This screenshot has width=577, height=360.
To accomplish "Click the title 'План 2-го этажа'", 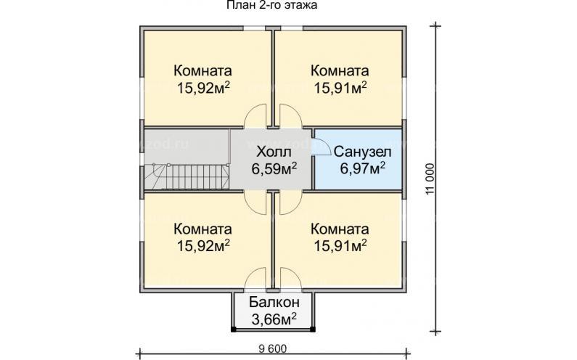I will pyautogui.click(x=266, y=6).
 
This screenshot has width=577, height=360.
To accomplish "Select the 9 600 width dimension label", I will pyautogui.click(x=271, y=349).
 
